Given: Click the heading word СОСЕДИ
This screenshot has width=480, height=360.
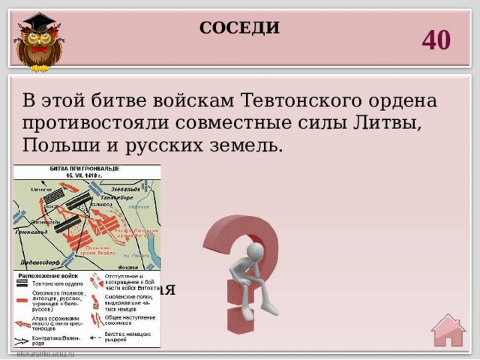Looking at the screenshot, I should tap(239, 29).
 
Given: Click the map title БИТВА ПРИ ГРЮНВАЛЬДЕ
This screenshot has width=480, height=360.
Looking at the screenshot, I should tap(85, 169).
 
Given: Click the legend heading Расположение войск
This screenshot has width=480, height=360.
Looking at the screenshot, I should tap(46, 277).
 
